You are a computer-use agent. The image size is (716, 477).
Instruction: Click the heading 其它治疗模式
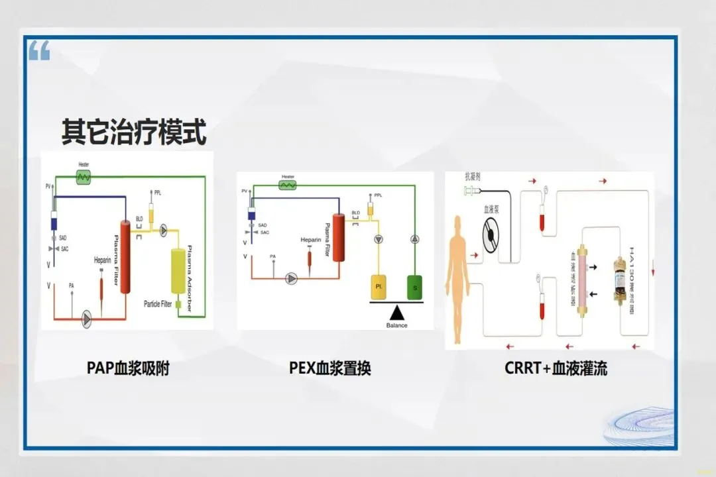(x=134, y=132)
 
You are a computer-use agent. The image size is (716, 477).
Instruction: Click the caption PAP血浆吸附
(x=128, y=368)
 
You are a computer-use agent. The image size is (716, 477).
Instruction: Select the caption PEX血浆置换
(x=330, y=368)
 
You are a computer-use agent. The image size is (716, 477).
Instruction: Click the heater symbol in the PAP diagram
(x=84, y=177)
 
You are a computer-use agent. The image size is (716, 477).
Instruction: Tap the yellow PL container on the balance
(x=379, y=288)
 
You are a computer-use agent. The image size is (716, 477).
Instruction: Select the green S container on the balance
(x=416, y=288)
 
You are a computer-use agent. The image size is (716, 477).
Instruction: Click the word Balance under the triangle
(x=397, y=325)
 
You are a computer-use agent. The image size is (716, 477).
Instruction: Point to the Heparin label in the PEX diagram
(x=310, y=240)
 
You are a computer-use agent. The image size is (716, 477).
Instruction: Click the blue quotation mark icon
(x=39, y=50)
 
